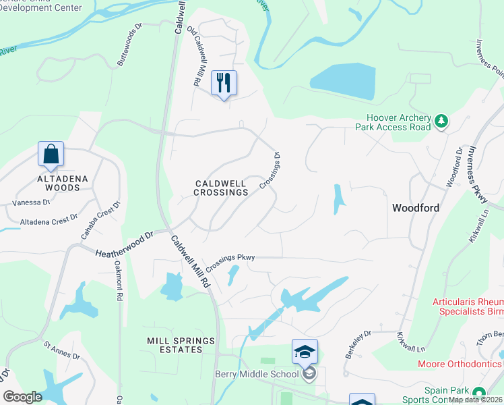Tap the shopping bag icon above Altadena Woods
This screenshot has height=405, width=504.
51,155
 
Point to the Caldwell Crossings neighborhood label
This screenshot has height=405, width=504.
221,188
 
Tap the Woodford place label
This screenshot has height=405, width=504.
416,208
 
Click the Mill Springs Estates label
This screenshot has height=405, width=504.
181,345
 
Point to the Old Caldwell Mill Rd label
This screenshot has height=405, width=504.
193,56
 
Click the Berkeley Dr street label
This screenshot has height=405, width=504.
358,344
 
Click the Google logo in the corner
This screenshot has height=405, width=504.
22,397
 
